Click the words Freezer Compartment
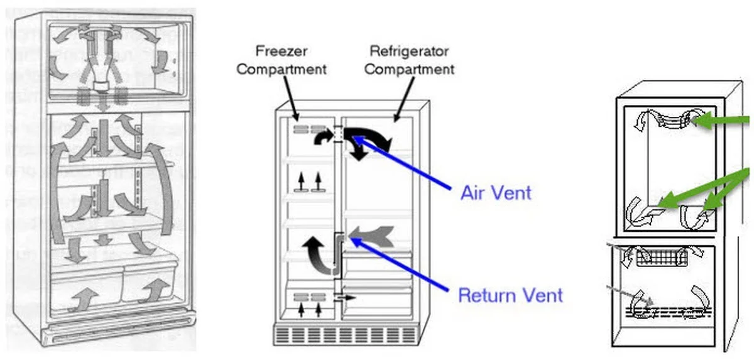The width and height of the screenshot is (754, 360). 282,59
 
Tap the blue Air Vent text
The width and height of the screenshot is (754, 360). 496,192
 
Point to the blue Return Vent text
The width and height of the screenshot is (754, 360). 510,294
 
